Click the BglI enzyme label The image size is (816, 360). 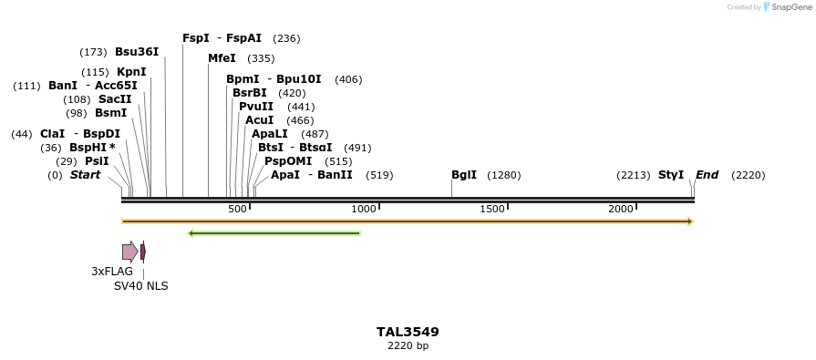point(464,175)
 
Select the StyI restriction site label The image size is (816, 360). point(671,175)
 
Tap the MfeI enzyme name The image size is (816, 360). point(222,58)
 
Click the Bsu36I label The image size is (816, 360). point(137,52)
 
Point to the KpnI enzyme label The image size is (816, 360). point(131,72)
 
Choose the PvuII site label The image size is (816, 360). point(256,107)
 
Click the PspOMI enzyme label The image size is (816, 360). point(283,161)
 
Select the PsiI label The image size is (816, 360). point(97,161)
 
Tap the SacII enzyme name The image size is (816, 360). point(115,99)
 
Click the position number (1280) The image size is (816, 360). point(504,175)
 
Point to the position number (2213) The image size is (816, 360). point(634,175)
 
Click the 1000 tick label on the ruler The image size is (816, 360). point(364,210)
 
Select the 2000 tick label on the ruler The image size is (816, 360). point(621,210)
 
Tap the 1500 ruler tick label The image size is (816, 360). point(492,210)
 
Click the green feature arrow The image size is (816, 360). point(274,233)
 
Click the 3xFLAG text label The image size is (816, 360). point(112,272)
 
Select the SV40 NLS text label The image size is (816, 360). point(140,286)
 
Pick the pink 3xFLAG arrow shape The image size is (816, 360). point(129,252)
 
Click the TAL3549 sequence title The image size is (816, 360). point(408,332)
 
